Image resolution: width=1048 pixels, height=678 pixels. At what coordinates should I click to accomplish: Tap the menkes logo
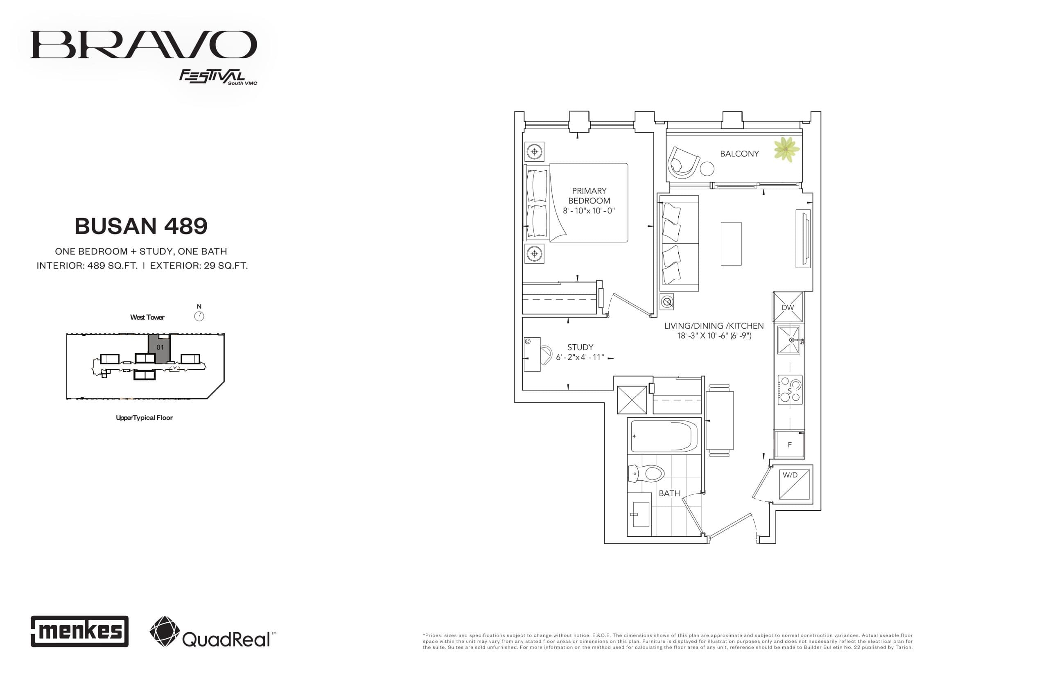(x=79, y=631)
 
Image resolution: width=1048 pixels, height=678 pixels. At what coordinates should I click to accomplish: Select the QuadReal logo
(x=213, y=632)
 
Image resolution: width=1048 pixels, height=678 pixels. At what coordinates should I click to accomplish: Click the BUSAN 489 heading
(x=141, y=226)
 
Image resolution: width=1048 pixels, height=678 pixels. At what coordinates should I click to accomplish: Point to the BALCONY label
(x=739, y=154)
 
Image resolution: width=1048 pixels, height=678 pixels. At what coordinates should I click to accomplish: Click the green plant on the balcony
(x=786, y=149)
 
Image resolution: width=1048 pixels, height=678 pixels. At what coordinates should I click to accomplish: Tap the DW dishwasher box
(x=787, y=307)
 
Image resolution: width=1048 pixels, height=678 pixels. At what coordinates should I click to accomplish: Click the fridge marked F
(x=789, y=445)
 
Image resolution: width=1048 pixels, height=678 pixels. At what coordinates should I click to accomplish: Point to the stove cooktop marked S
(x=790, y=390)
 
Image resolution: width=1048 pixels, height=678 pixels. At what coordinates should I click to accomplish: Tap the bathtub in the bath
(x=664, y=436)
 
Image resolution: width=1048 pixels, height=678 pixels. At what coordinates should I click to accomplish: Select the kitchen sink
(x=788, y=340)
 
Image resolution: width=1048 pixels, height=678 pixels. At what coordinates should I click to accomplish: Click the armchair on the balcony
(x=683, y=162)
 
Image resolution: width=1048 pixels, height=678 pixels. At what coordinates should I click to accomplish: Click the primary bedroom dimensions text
(x=589, y=211)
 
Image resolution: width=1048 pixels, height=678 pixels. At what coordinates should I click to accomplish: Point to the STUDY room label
(x=580, y=347)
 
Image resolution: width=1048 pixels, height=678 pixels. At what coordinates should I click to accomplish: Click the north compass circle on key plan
(x=199, y=316)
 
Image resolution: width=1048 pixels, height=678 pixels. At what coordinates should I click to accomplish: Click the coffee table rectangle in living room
(x=731, y=244)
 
